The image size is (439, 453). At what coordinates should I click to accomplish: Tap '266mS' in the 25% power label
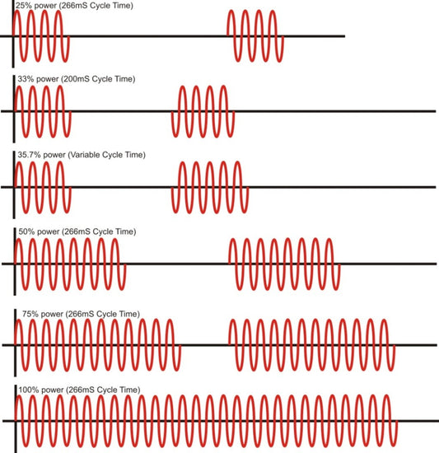click(73, 6)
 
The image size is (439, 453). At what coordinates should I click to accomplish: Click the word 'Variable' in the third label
click(84, 155)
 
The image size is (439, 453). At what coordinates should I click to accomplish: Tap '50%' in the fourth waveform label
click(26, 231)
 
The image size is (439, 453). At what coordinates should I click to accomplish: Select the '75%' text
click(30, 314)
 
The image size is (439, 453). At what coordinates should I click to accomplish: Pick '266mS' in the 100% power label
click(80, 390)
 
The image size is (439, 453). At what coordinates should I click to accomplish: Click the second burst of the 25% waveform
click(255, 36)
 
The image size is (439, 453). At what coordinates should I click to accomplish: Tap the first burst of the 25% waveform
click(41, 36)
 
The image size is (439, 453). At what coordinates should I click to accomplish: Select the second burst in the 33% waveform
click(203, 111)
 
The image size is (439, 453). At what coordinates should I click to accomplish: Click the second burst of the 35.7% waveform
click(210, 187)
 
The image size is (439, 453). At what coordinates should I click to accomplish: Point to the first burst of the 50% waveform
click(70, 264)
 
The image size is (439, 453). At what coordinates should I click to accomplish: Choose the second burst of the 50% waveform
click(284, 264)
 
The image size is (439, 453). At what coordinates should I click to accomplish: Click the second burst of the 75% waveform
click(312, 345)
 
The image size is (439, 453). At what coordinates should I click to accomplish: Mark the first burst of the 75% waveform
click(97, 345)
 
